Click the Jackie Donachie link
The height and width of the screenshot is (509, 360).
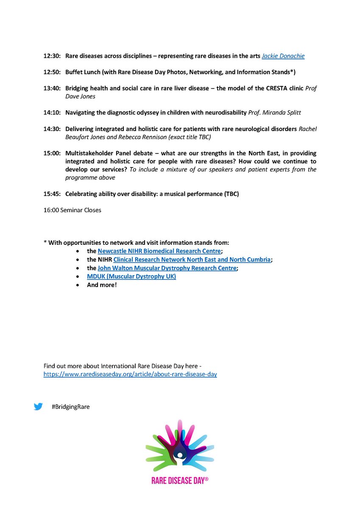click(x=283, y=56)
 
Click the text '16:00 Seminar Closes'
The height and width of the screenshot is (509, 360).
click(x=72, y=210)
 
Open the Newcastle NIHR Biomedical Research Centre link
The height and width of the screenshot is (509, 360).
click(x=159, y=251)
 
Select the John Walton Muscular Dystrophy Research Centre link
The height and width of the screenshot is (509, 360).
click(x=167, y=268)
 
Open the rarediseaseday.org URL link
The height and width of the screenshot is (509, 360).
click(x=130, y=375)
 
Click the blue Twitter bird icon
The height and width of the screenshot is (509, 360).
click(x=38, y=406)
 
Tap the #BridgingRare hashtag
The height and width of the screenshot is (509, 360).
click(x=71, y=407)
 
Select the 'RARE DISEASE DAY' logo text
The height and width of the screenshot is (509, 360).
click(x=180, y=481)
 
